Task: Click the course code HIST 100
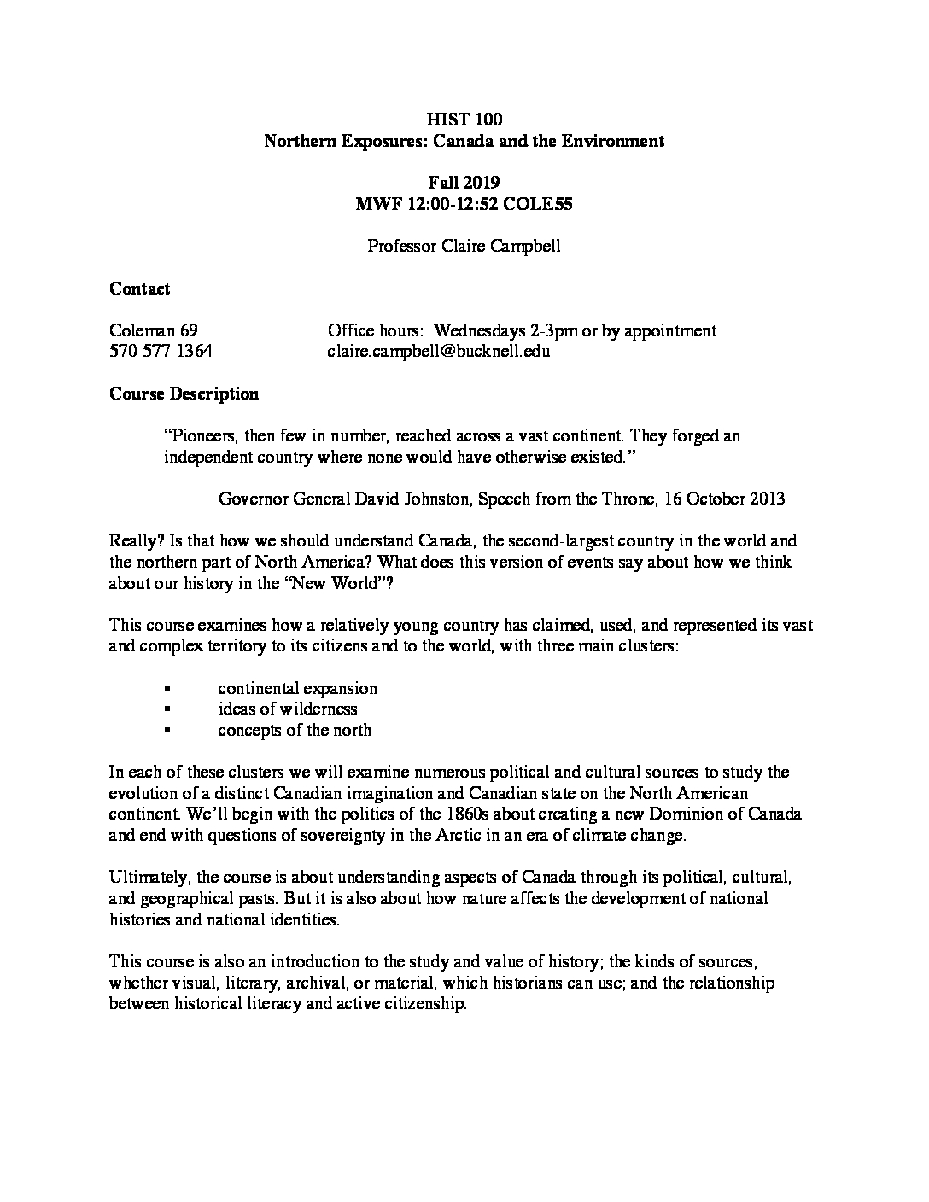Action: pos(464,120)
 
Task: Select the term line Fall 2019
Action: pos(464,183)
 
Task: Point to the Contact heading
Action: pos(140,289)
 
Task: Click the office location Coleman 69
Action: pos(154,330)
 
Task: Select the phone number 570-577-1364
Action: pos(161,351)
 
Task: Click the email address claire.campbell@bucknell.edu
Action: pos(439,351)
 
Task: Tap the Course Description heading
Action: pos(184,394)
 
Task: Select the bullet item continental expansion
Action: pos(297,688)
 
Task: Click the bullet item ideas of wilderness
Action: pos(287,709)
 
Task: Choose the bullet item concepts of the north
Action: pos(295,730)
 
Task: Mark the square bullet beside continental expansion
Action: pos(167,689)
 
